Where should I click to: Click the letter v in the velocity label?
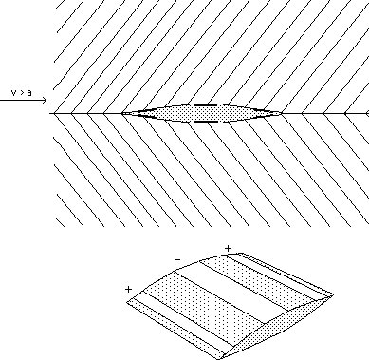(13, 92)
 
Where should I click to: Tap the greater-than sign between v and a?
(21, 92)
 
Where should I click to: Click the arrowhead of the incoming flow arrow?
(43, 100)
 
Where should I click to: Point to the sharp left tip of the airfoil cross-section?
(122, 114)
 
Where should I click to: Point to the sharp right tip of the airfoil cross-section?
(284, 114)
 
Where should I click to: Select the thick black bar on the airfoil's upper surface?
(204, 104)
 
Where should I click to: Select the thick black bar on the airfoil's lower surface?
(204, 123)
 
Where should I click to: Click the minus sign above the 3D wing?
(176, 257)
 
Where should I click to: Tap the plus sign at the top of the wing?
(228, 248)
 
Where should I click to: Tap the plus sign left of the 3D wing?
(127, 288)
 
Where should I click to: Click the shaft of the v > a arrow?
(19, 100)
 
